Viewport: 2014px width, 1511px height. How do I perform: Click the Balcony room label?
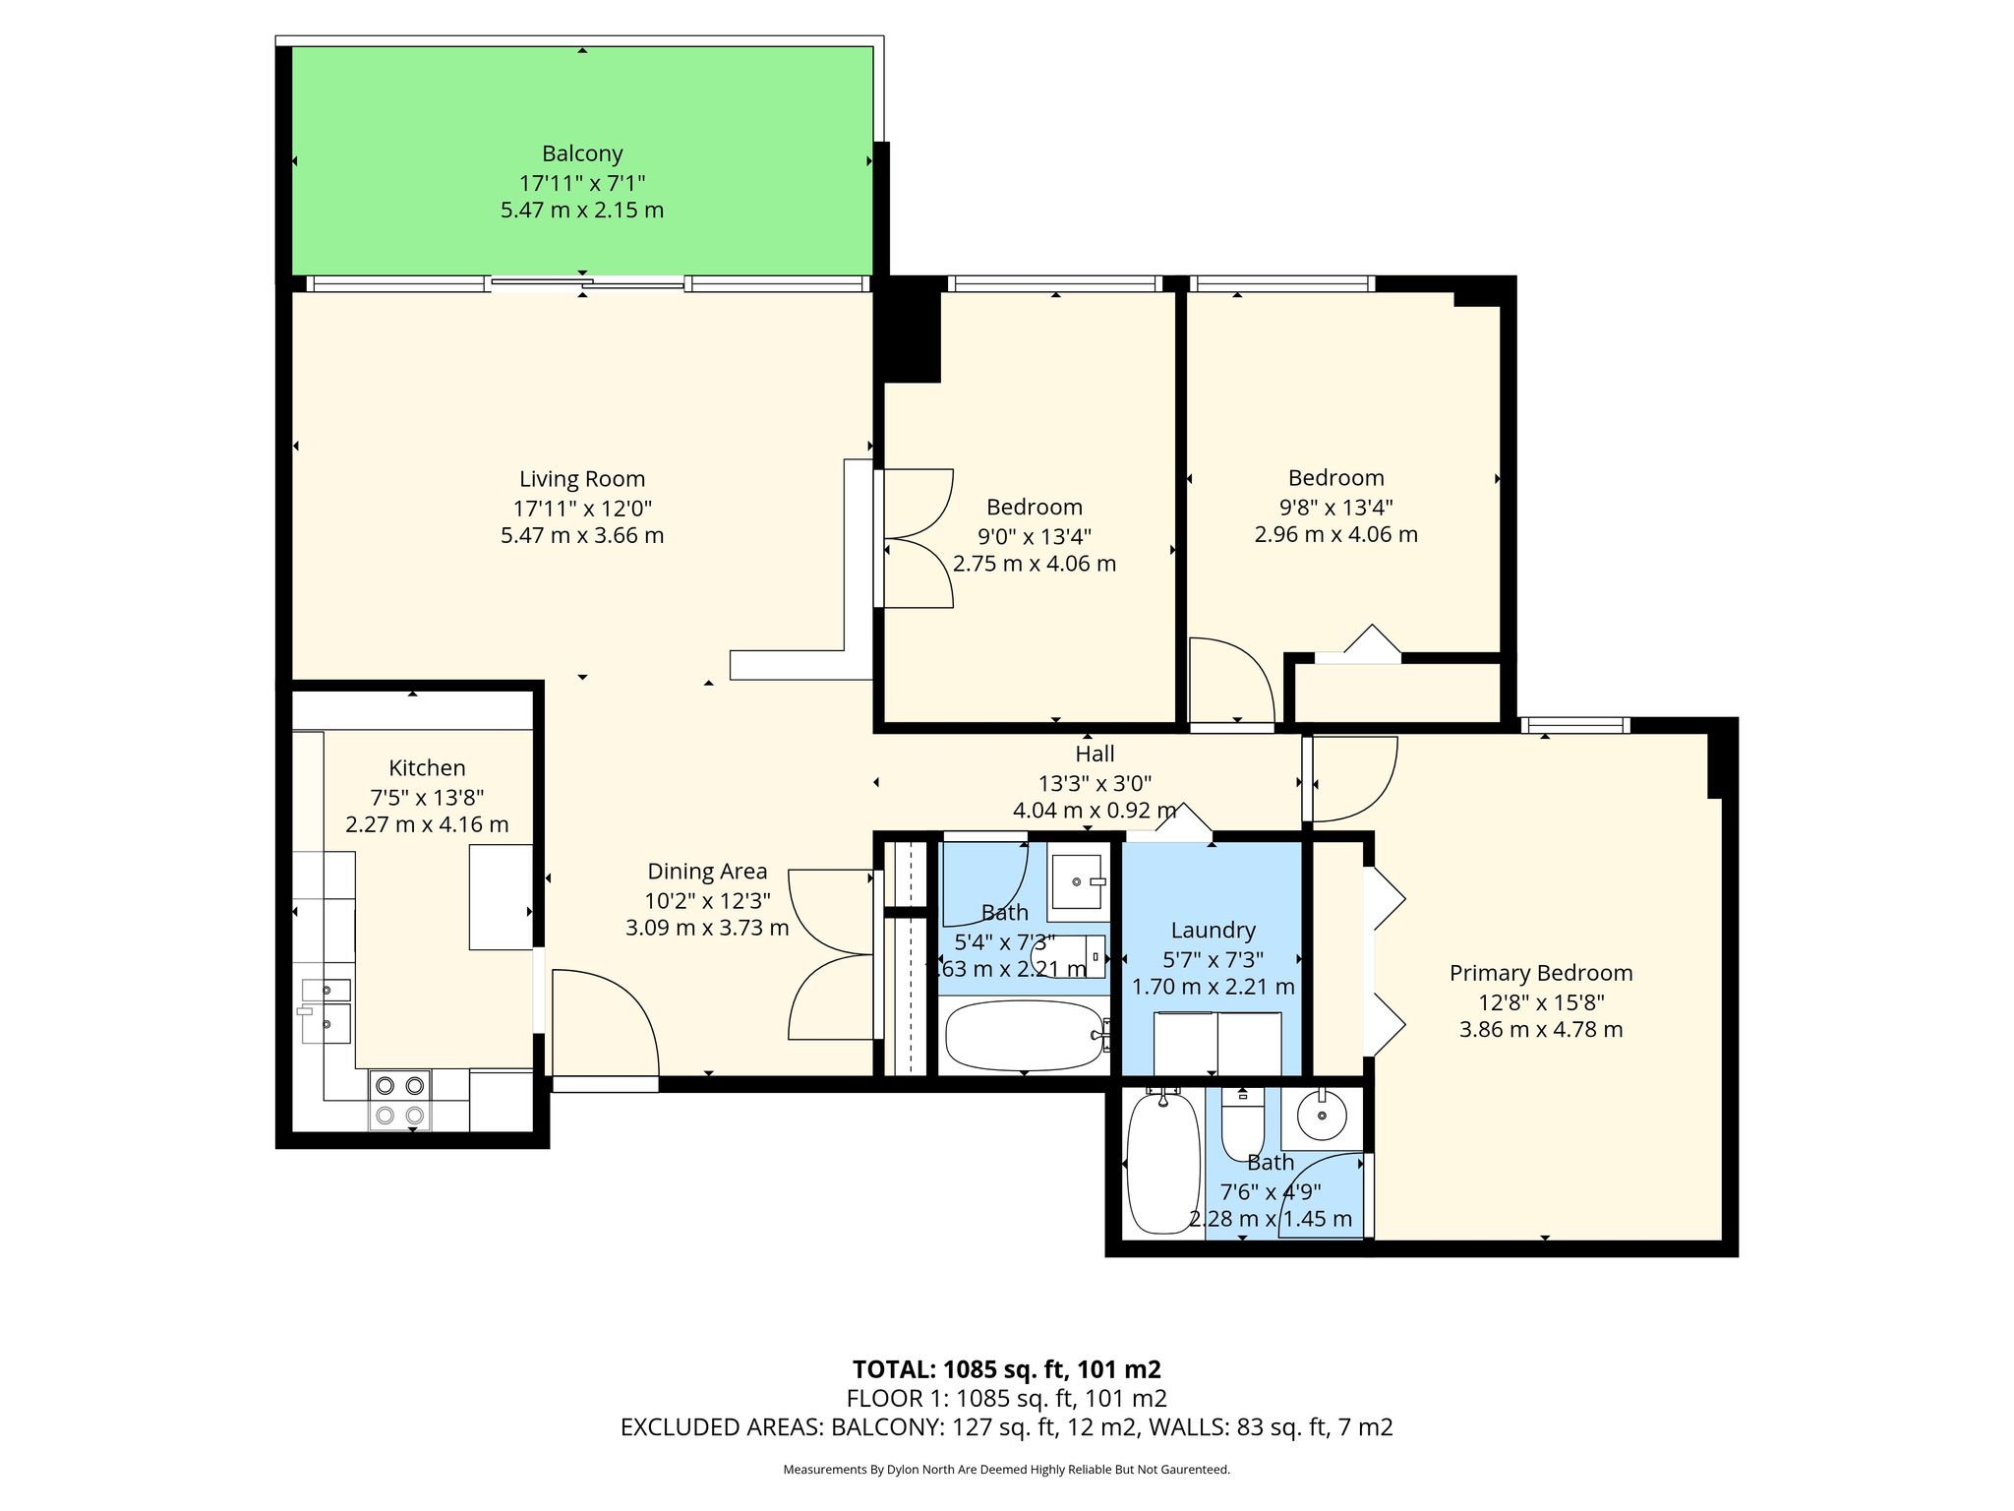[x=582, y=153]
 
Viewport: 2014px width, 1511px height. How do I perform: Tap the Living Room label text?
[x=582, y=479]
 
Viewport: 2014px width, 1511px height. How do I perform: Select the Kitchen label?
[x=427, y=768]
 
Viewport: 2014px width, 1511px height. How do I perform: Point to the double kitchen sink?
[x=325, y=1010]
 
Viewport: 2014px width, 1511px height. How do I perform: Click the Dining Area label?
[x=707, y=872]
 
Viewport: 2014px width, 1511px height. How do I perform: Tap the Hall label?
[x=1095, y=754]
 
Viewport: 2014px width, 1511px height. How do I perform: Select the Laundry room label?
[x=1214, y=931]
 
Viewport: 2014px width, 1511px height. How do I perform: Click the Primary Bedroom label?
[x=1541, y=973]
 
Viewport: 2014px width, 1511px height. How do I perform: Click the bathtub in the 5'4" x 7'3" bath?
[x=1025, y=1036]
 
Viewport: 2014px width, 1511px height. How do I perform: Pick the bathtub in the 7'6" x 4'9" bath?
[x=1163, y=1162]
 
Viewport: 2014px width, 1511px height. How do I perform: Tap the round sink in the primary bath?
[x=1323, y=1116]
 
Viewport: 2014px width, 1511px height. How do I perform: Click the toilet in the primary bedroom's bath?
[x=1243, y=1124]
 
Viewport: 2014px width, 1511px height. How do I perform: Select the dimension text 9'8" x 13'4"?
[x=1336, y=508]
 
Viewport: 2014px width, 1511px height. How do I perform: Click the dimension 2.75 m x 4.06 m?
[x=1035, y=565]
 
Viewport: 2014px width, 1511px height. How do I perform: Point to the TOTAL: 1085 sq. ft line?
[x=1007, y=1369]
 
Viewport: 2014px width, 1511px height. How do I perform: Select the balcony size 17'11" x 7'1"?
[x=582, y=183]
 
